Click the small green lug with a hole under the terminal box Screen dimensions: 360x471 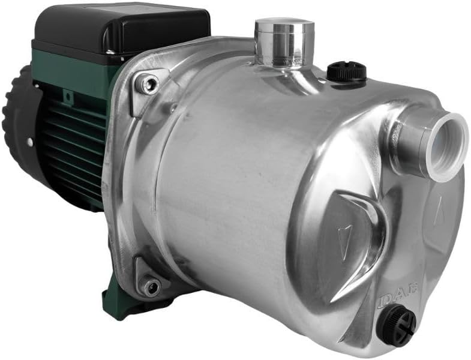67,95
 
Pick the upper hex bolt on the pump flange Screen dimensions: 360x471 147,85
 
